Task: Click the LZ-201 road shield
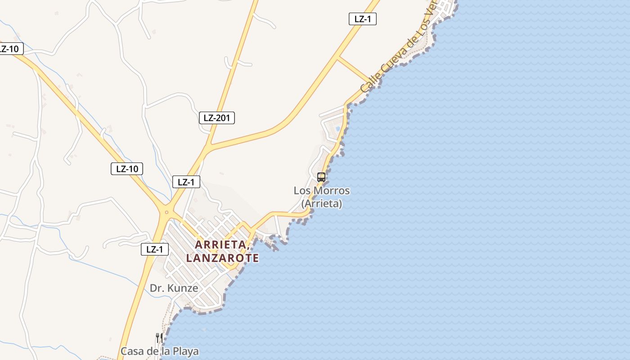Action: [216, 118]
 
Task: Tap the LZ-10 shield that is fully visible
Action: [127, 169]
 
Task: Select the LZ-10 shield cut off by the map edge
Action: [10, 49]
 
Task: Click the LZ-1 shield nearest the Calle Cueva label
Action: [362, 19]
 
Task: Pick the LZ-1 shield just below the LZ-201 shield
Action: [186, 182]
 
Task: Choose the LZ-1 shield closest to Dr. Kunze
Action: [154, 249]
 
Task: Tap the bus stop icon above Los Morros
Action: [321, 177]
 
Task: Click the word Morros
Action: [332, 190]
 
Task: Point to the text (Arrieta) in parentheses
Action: [322, 203]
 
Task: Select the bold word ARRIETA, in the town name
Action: [222, 245]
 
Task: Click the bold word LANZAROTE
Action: [222, 258]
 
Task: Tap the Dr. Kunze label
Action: [174, 288]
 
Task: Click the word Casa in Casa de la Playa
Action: [133, 351]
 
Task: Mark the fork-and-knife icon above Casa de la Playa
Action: [159, 337]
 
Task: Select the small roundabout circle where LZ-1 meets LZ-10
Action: [166, 212]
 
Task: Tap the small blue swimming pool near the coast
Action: [337, 129]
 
